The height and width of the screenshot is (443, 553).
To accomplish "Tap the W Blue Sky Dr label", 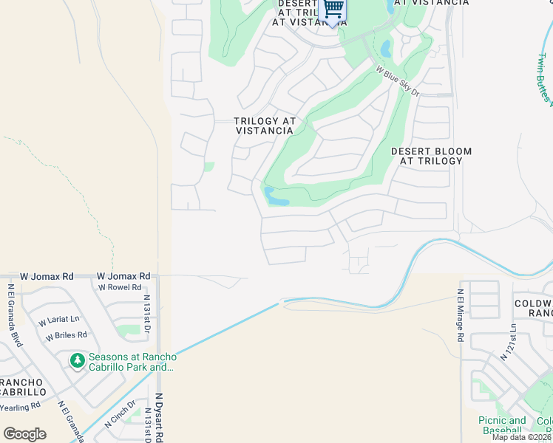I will [398, 82].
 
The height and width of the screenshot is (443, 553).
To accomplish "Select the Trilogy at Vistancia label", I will [265, 126].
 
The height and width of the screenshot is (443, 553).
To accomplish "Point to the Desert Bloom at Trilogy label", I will [431, 157].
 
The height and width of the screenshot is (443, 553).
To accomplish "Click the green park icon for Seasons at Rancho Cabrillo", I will [77, 360].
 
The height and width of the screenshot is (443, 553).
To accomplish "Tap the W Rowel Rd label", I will [120, 287].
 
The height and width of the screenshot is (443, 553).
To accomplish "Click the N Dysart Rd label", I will [159, 417].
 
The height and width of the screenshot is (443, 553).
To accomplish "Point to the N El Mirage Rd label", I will [460, 315].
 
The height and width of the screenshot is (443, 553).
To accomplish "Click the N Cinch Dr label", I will [120, 415].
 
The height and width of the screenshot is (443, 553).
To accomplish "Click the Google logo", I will [24, 434].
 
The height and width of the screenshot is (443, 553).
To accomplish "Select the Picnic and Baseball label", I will [502, 425].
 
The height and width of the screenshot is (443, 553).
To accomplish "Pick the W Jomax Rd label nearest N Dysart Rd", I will [123, 275].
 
